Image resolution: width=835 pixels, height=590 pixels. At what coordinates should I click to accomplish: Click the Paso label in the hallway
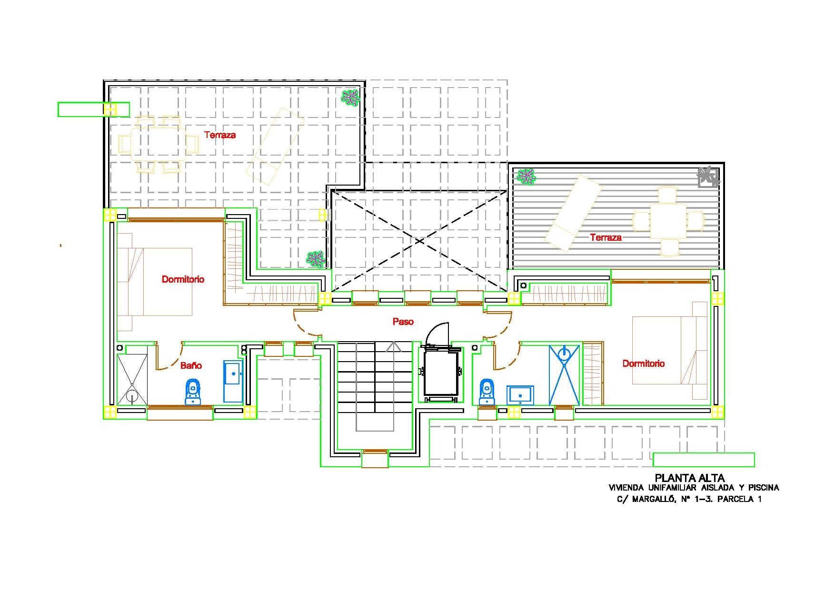click(403, 322)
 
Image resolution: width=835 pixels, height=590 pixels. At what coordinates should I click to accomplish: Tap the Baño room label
click(191, 365)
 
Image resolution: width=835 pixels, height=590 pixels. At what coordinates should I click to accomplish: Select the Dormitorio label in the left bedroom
click(183, 279)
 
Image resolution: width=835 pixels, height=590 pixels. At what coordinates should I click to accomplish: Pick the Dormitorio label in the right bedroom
click(644, 364)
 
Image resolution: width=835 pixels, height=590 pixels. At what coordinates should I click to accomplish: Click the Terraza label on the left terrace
click(220, 135)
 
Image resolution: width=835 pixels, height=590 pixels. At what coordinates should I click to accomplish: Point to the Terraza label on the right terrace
click(606, 237)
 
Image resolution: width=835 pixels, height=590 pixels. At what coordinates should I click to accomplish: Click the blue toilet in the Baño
click(192, 391)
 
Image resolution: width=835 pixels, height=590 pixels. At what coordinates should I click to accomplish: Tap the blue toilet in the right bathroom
click(487, 391)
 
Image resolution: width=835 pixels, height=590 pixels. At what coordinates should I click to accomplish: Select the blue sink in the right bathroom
click(520, 395)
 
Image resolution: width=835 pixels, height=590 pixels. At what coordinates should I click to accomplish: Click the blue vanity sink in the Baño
click(233, 381)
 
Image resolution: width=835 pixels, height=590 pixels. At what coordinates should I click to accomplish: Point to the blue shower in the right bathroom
click(564, 375)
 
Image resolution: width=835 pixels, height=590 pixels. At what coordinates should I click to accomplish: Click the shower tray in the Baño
click(132, 379)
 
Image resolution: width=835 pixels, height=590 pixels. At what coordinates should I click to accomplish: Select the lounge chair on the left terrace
click(275, 146)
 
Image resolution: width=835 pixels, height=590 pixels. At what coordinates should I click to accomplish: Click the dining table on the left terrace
click(159, 143)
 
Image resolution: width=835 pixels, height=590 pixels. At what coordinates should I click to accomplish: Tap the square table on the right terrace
click(668, 221)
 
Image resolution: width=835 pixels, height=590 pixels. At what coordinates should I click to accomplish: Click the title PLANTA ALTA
click(690, 478)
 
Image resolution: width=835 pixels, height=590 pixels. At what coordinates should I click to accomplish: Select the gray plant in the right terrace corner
click(709, 177)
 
